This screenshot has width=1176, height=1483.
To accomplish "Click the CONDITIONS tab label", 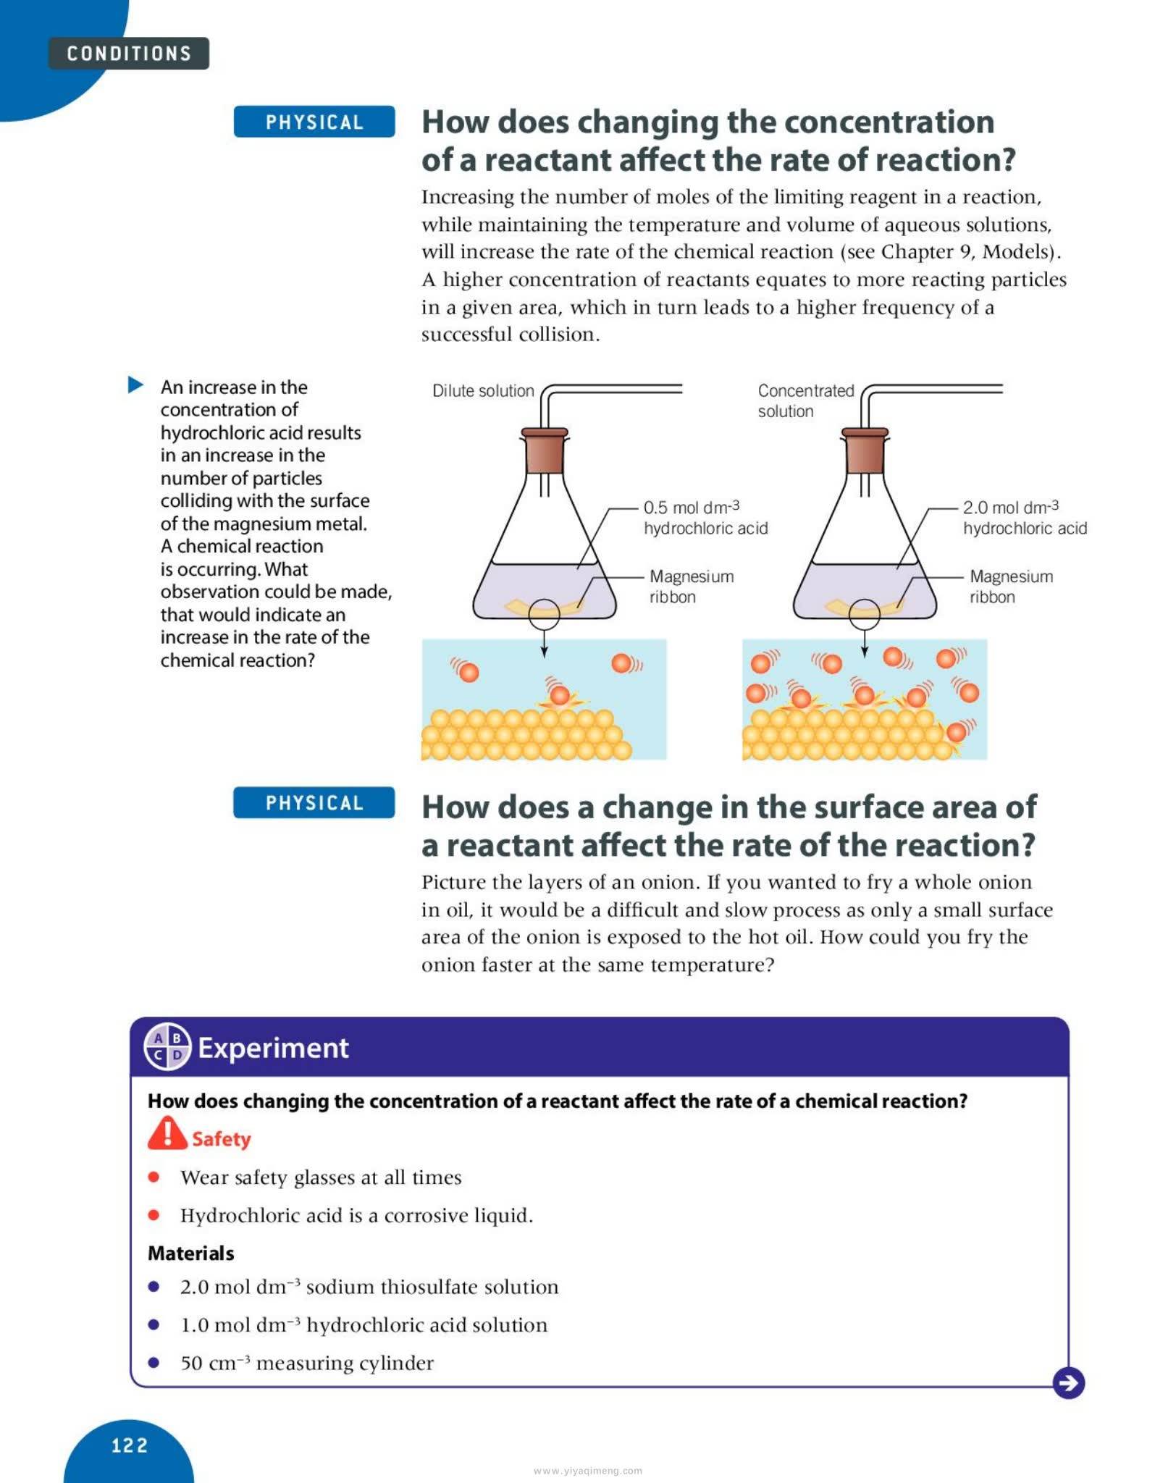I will tap(129, 54).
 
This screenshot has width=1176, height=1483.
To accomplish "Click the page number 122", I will tap(130, 1446).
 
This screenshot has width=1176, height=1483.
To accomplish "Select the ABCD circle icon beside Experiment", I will tap(167, 1047).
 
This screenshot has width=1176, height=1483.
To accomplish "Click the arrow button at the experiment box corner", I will tap(1068, 1383).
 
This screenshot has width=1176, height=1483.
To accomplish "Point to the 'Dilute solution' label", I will tap(483, 391).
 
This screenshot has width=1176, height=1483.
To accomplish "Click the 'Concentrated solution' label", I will tap(805, 400).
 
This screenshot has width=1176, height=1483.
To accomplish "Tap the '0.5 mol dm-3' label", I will tap(692, 507).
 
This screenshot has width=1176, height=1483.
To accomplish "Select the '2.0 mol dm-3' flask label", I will tap(1011, 507).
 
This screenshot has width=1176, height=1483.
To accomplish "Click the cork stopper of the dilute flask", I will tap(545, 450).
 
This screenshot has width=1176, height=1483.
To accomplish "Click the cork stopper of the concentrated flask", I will tap(865, 450).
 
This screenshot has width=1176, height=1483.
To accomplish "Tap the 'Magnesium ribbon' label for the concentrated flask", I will tap(1011, 587).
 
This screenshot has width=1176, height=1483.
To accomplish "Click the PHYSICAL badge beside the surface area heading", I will tap(314, 803).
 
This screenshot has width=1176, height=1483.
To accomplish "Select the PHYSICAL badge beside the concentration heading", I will tap(314, 122).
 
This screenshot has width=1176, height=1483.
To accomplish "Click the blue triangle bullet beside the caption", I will tap(135, 385).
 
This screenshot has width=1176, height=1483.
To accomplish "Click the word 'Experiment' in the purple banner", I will tap(273, 1048).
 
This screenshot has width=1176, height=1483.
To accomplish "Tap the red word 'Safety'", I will tap(221, 1139).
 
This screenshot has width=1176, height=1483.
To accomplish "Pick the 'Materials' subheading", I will tap(191, 1253).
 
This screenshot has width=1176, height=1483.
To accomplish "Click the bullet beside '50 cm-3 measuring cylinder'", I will tap(154, 1362).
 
